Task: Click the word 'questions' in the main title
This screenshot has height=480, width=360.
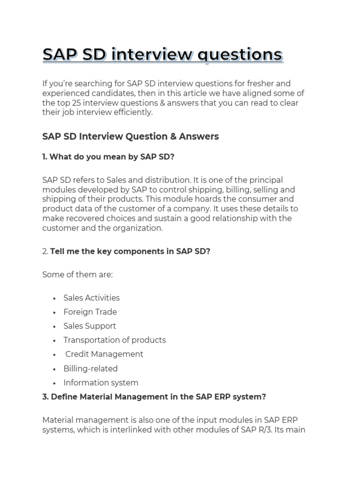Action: pyautogui.click(x=240, y=55)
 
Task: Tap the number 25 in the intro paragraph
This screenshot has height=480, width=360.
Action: pyautogui.click(x=77, y=103)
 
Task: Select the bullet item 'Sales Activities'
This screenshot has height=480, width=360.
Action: pyautogui.click(x=91, y=298)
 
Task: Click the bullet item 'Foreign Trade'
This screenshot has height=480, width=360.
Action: pyautogui.click(x=90, y=312)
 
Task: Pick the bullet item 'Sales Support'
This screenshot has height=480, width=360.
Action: pyautogui.click(x=90, y=326)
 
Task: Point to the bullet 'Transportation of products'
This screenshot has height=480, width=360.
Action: pyautogui.click(x=114, y=340)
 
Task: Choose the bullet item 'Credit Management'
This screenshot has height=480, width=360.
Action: pyautogui.click(x=104, y=354)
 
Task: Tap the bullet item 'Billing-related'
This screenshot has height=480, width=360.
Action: pyautogui.click(x=90, y=368)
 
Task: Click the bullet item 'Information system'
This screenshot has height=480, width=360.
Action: pyautogui.click(x=101, y=382)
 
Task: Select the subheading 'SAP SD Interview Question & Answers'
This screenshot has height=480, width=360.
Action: pyautogui.click(x=130, y=136)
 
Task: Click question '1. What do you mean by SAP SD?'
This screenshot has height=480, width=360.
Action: pyautogui.click(x=108, y=157)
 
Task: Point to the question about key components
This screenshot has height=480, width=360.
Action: pyautogui.click(x=130, y=251)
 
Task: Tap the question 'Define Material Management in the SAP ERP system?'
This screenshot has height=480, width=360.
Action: pyautogui.click(x=158, y=397)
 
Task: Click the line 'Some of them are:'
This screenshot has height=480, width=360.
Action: pyautogui.click(x=77, y=275)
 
